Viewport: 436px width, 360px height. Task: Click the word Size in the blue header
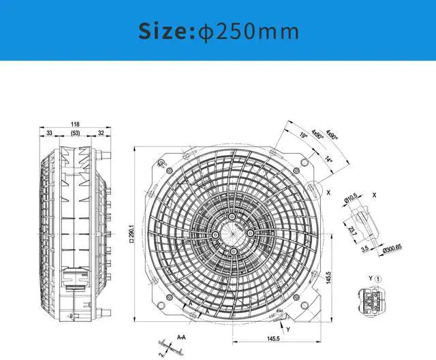[163, 31]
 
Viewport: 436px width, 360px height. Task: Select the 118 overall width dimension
[75, 124]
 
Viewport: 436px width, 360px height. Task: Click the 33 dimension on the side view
[50, 133]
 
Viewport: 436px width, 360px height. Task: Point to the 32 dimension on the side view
[101, 133]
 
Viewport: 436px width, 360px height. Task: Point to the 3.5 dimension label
[365, 250]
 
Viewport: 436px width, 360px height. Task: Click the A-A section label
[182, 336]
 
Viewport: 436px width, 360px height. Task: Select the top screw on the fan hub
[232, 216]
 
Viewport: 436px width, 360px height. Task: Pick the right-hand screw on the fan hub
[250, 233]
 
